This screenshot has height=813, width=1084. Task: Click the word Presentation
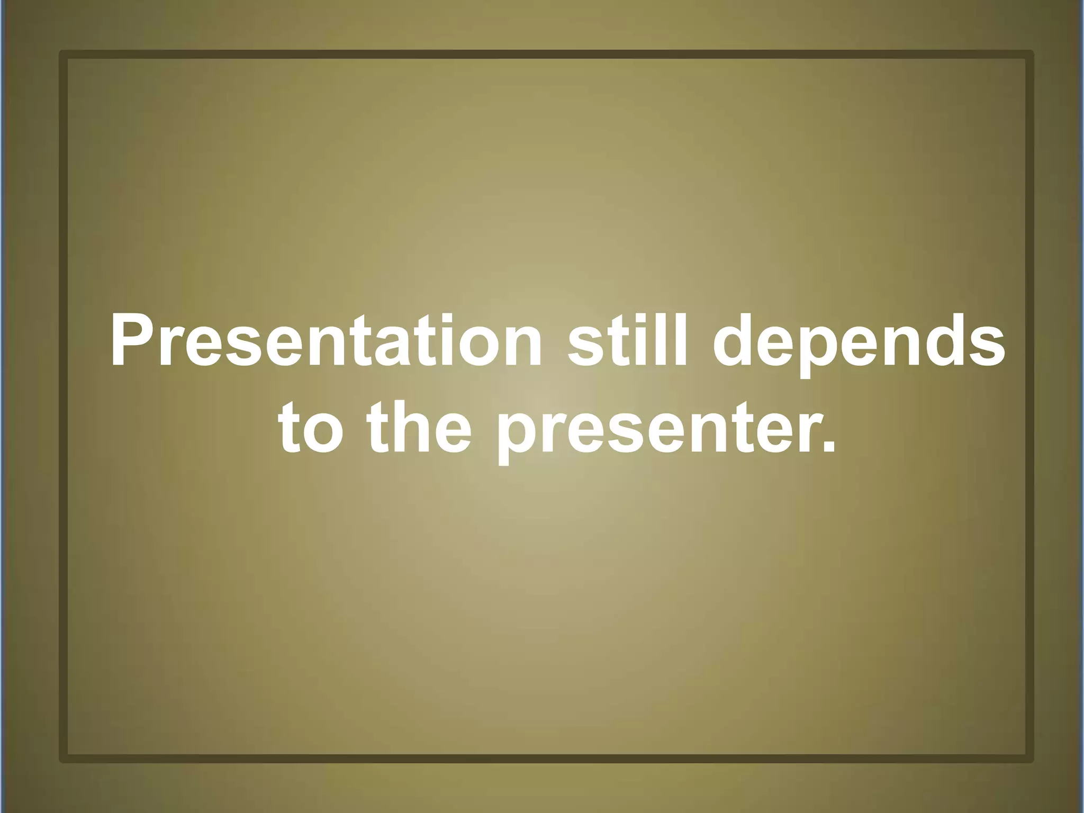[x=326, y=341]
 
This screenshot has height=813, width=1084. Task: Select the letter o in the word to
[x=323, y=434]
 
